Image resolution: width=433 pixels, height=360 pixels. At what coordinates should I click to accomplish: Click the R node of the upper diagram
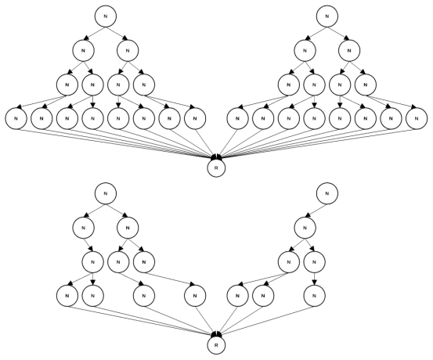tap(216, 168)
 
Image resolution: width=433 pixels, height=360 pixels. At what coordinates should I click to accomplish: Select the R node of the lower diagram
tap(216, 345)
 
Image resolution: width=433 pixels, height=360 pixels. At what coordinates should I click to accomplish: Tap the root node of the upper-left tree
tap(105, 16)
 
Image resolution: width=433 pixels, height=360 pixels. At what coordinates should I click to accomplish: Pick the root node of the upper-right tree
tap(327, 16)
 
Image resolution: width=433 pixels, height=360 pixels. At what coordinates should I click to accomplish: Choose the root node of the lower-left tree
tap(105, 193)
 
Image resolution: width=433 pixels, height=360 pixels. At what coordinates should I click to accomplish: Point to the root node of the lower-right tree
tap(327, 193)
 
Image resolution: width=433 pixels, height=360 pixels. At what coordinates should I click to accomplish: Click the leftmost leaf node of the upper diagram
tap(16, 119)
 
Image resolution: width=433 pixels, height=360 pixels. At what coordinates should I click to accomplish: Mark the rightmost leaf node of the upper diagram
tap(417, 119)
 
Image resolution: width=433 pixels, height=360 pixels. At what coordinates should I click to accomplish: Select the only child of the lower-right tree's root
tap(305, 228)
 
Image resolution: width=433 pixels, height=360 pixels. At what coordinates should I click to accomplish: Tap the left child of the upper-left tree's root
tap(84, 51)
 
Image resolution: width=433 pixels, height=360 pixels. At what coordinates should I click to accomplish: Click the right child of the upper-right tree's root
tap(349, 51)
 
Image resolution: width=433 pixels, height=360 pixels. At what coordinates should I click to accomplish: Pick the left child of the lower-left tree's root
tap(84, 228)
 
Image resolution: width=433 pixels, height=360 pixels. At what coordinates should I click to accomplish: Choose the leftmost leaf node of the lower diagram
tap(67, 296)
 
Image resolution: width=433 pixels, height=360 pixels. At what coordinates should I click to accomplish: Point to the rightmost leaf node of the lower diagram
tap(314, 296)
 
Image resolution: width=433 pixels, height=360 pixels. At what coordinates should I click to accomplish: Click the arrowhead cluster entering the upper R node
tap(216, 157)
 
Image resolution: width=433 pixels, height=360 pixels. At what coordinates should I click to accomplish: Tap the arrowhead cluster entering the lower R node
tap(216, 334)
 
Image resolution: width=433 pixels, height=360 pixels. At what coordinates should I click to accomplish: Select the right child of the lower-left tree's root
tap(128, 228)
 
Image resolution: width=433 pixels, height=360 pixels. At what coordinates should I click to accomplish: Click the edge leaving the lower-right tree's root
tap(316, 210)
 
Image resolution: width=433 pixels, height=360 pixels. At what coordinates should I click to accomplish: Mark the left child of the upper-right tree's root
tap(305, 51)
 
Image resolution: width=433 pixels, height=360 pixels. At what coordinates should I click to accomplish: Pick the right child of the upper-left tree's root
tap(128, 51)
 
